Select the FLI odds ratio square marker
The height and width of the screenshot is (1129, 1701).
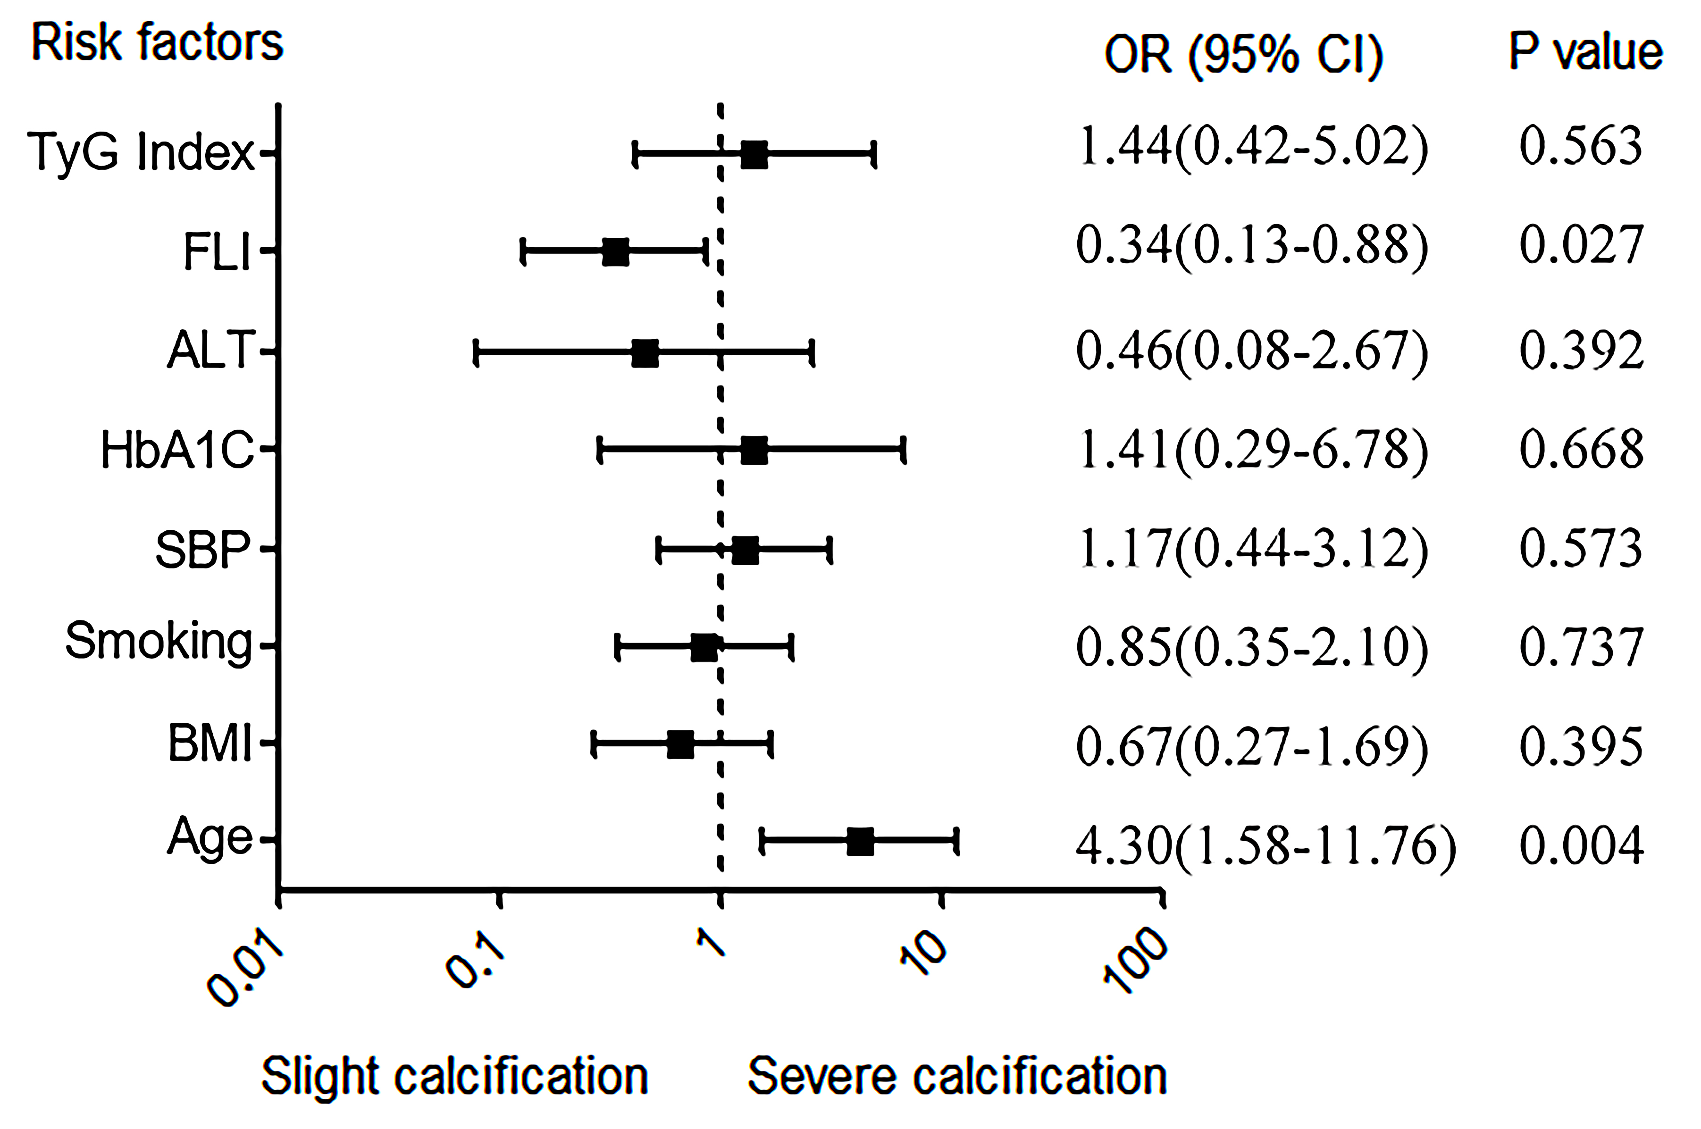click(615, 252)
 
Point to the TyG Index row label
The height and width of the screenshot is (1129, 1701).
click(141, 153)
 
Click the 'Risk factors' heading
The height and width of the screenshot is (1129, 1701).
click(157, 43)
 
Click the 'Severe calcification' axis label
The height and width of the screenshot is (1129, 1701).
click(957, 1077)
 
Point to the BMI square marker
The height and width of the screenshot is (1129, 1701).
click(680, 744)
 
